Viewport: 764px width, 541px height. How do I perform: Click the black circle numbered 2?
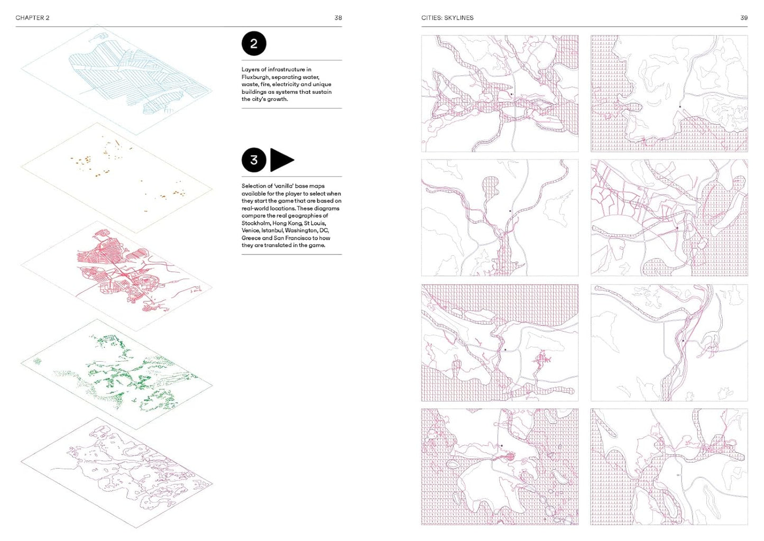click(254, 44)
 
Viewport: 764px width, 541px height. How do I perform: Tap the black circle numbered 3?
click(254, 160)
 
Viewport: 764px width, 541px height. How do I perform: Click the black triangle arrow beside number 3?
click(281, 160)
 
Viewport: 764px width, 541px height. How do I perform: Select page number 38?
click(338, 18)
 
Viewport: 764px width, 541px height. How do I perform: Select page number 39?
click(744, 18)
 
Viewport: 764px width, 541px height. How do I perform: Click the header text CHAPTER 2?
click(33, 18)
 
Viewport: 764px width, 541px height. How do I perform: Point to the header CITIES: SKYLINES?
click(447, 18)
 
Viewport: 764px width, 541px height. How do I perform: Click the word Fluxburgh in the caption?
click(255, 77)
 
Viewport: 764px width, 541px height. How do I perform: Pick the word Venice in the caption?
click(251, 231)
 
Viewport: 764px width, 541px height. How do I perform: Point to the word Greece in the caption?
click(251, 238)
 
